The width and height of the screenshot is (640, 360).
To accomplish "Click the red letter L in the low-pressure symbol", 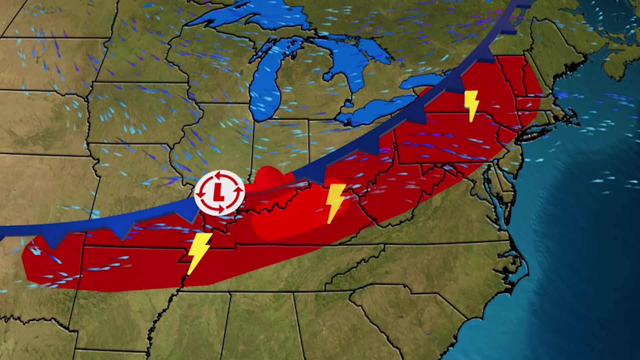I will pyautogui.click(x=219, y=192).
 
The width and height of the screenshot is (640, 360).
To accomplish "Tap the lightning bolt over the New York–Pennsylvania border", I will pyautogui.click(x=471, y=105).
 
